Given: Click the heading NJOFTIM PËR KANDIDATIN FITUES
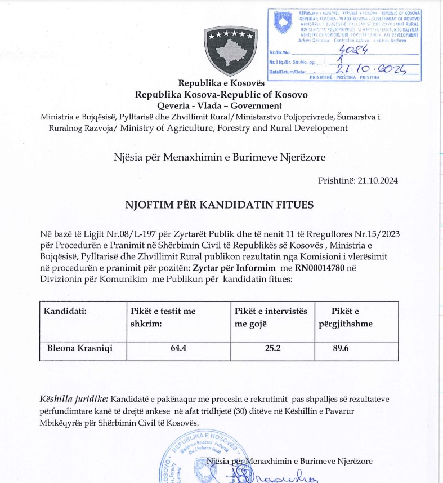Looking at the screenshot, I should point(218,205).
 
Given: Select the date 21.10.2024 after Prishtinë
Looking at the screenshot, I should point(378,181).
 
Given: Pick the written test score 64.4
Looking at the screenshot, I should point(178,348).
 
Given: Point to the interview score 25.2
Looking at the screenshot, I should point(272,348).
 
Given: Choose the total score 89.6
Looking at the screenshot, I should point(341,348).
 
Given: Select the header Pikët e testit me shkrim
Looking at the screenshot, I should point(163,317).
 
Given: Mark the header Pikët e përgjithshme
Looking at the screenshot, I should point(352,317).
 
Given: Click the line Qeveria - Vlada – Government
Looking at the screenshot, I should point(220,105).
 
